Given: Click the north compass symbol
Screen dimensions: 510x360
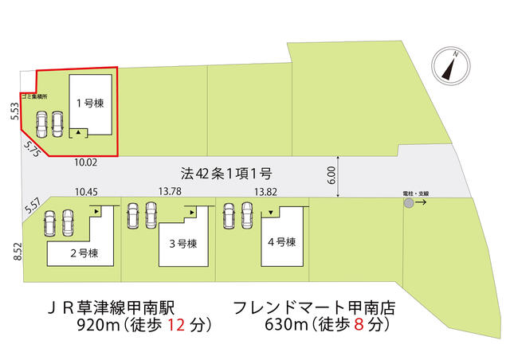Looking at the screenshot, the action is tap(449, 66).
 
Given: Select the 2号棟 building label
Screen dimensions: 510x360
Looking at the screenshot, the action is tap(83, 253).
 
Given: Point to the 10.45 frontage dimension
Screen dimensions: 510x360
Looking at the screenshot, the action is tap(85, 192).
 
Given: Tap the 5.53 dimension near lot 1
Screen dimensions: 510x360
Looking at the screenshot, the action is tap(14, 111).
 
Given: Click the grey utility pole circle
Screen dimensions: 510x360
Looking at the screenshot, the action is tap(409, 204).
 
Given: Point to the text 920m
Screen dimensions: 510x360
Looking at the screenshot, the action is tap(95, 324).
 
